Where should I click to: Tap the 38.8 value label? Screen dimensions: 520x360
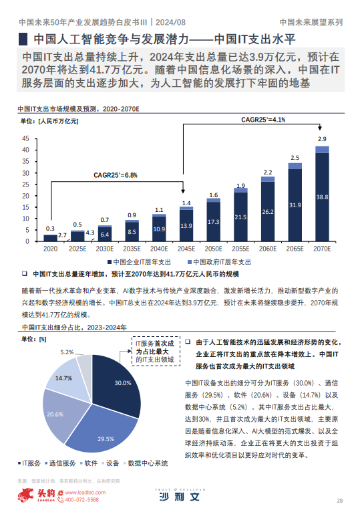pyautogui.click(x=322, y=197)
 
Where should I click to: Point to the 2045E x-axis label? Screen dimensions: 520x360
pyautogui.click(x=186, y=248)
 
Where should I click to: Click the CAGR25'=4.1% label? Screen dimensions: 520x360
pyautogui.click(x=263, y=120)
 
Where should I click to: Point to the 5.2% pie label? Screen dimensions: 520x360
pyautogui.click(x=67, y=352)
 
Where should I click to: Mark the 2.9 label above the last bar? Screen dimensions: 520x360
pyautogui.click(x=322, y=139)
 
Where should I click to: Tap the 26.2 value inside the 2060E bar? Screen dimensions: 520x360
pyautogui.click(x=268, y=212)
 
